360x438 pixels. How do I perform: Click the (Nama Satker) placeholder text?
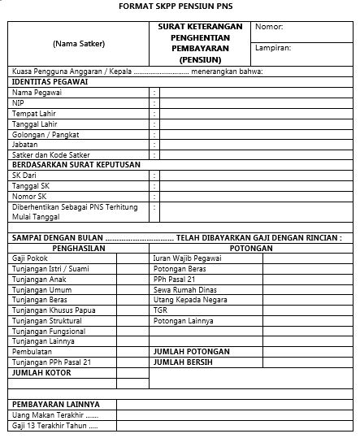click(x=79, y=42)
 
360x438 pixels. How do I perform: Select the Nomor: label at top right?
click(x=269, y=28)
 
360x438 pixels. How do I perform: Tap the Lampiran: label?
click(x=273, y=48)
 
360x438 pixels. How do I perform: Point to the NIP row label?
click(x=18, y=103)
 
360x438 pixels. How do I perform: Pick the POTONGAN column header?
click(x=251, y=248)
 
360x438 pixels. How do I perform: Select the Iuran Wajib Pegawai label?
click(x=187, y=258)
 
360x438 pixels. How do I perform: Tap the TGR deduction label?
click(x=160, y=310)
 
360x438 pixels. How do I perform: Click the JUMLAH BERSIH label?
click(x=183, y=362)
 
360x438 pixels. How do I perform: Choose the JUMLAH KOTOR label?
click(x=41, y=372)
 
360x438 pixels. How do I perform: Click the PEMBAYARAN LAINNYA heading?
click(x=55, y=404)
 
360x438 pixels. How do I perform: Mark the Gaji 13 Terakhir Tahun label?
click(x=54, y=425)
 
